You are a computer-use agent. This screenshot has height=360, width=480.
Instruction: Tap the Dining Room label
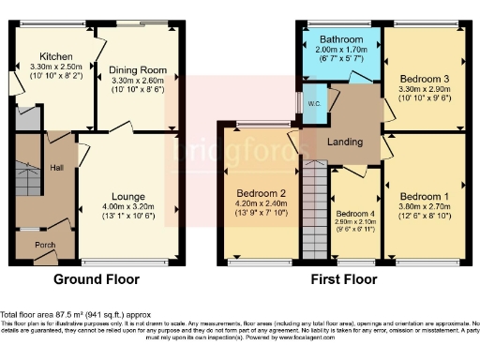[138, 69]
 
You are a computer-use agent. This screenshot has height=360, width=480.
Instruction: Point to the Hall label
[57, 169]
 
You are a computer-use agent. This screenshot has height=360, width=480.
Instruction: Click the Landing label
[345, 142]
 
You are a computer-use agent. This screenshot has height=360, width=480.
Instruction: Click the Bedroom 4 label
[353, 214]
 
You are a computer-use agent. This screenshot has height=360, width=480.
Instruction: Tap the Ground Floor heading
[96, 279]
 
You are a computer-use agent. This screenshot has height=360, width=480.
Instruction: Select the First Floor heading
[344, 279]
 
